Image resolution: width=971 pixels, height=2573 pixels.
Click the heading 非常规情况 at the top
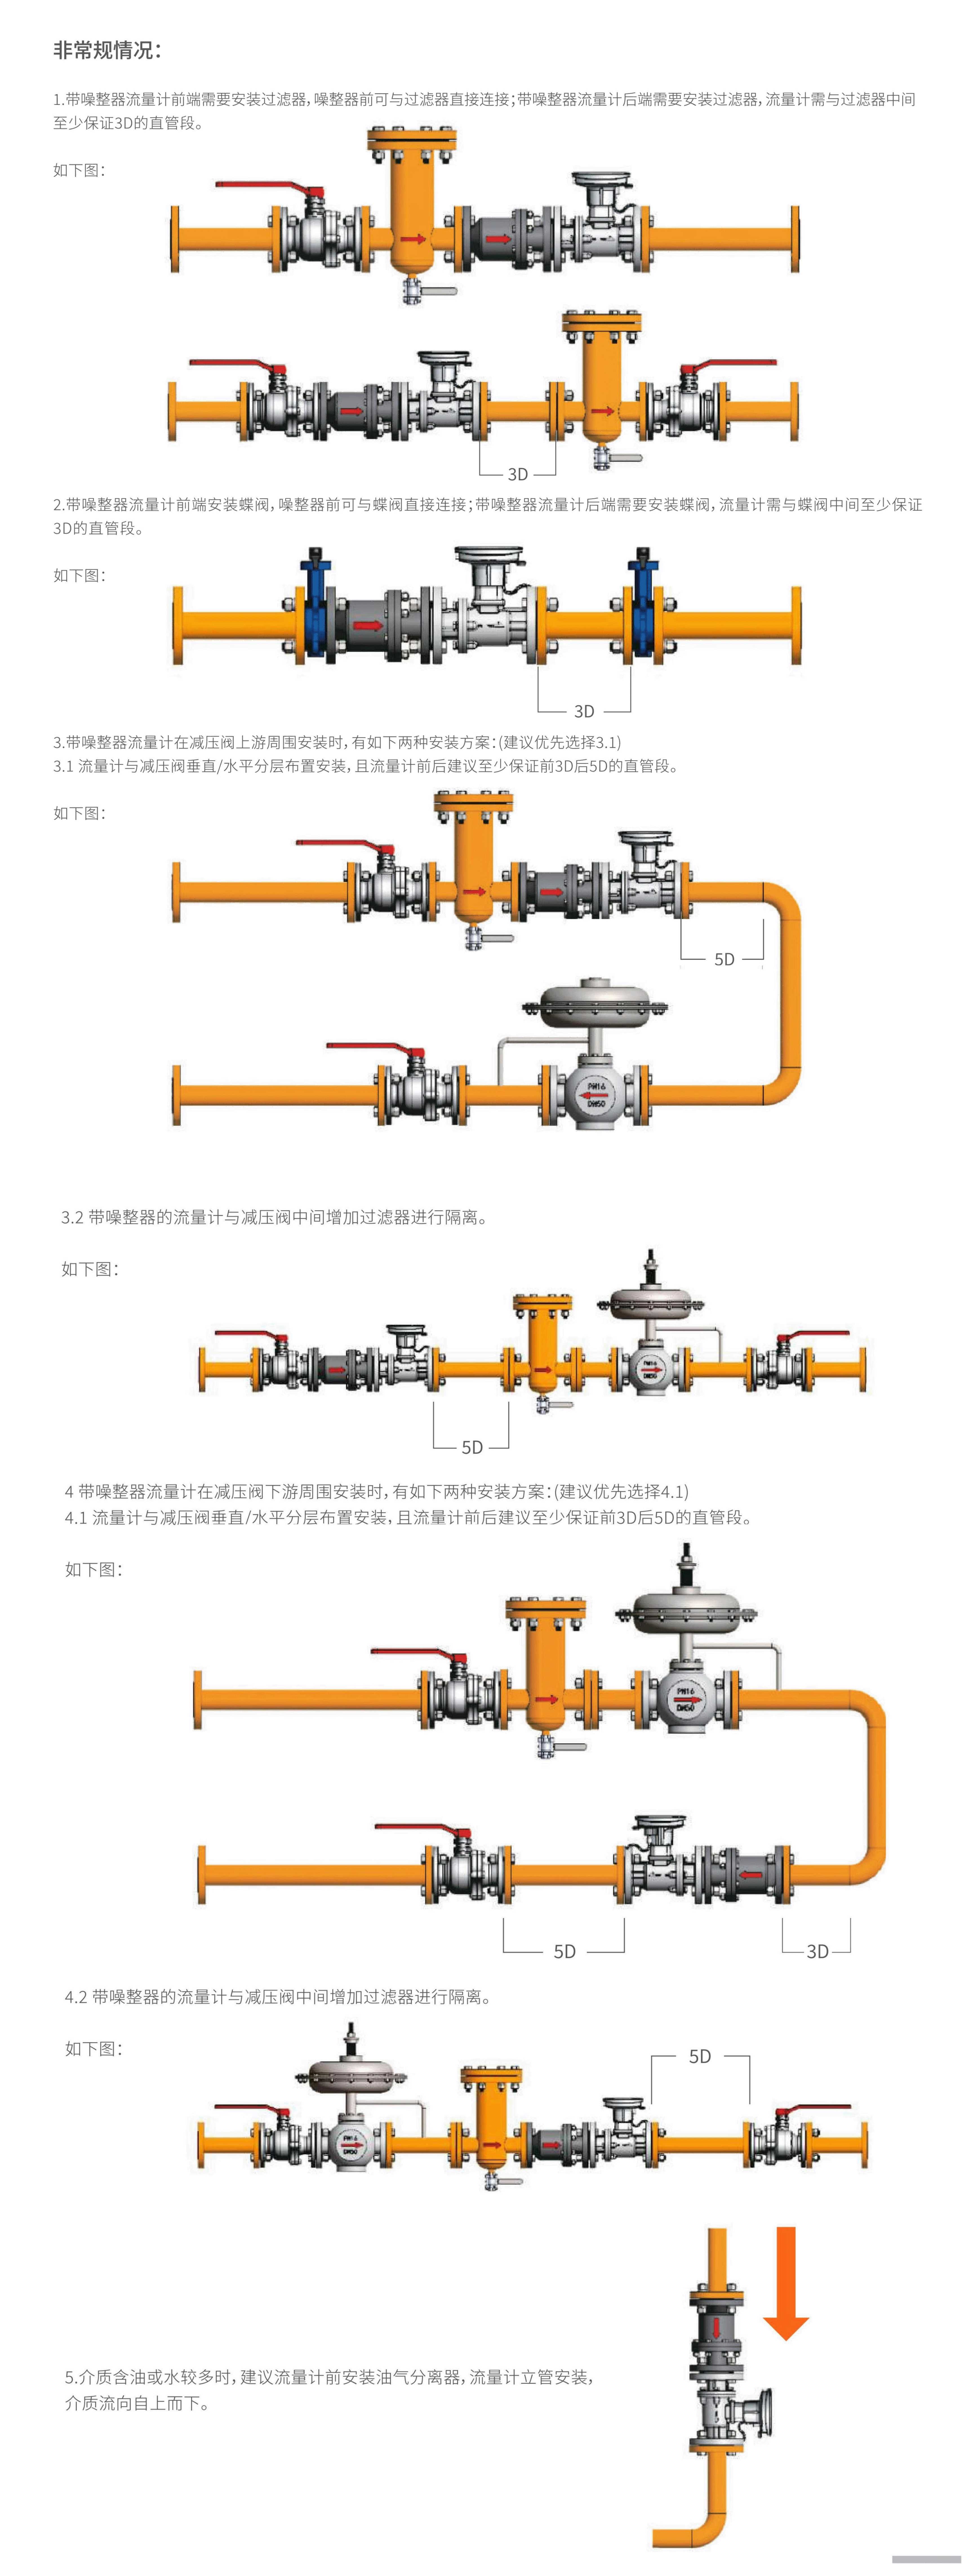coord(107,50)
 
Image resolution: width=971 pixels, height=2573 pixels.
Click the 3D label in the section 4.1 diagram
coord(817,1951)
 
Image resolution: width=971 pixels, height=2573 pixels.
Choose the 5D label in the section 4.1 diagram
coord(565,1951)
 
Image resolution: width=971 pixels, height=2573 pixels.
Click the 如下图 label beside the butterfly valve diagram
coord(79,575)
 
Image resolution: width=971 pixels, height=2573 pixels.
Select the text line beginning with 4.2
coord(278,1997)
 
